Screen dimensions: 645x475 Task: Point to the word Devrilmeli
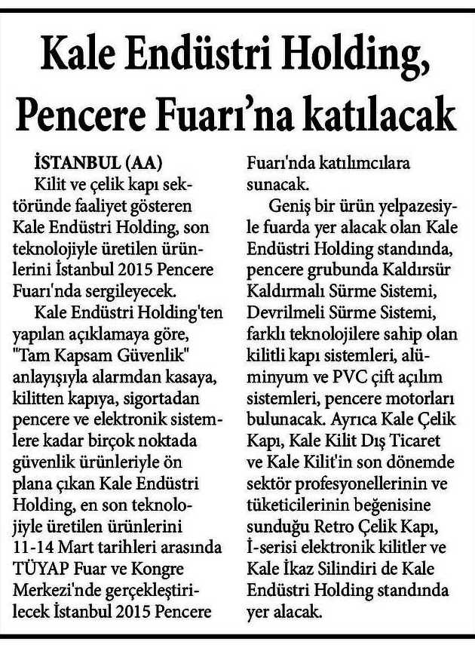(285, 306)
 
